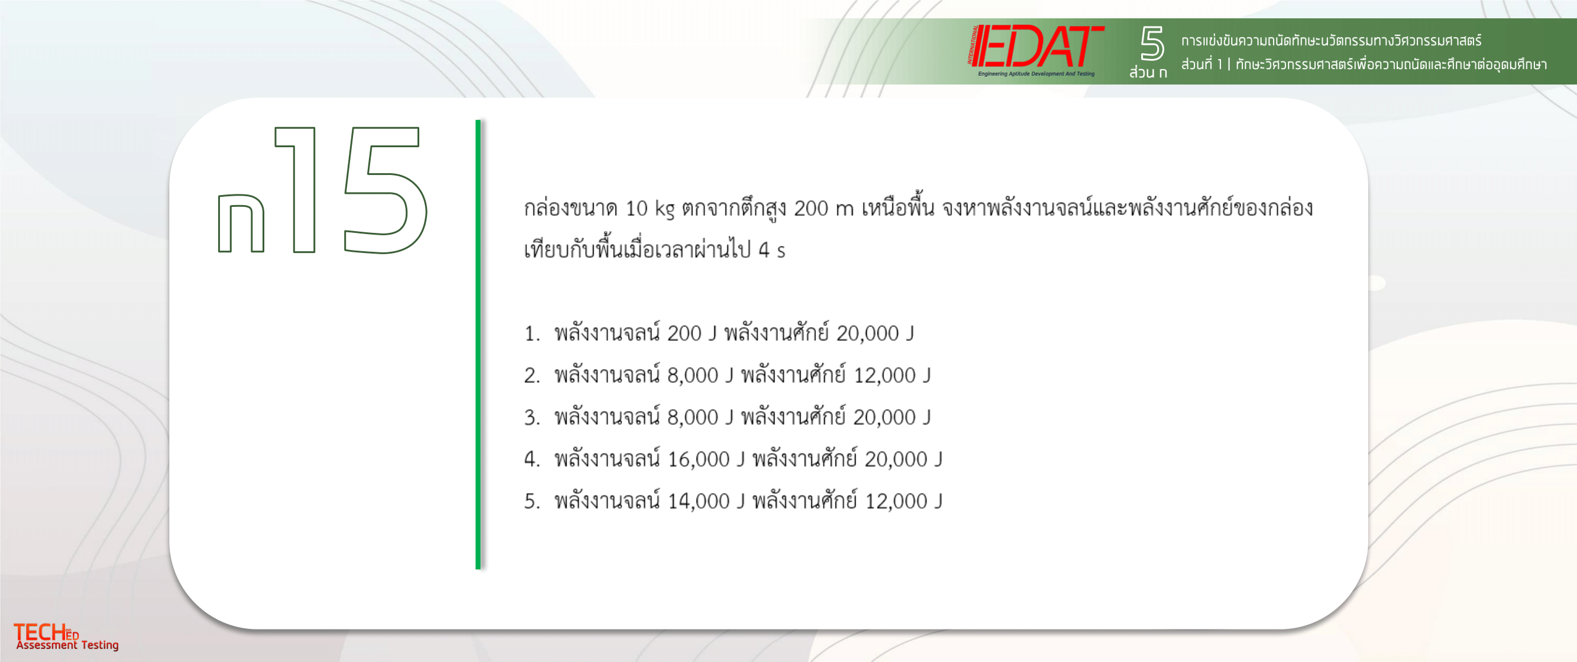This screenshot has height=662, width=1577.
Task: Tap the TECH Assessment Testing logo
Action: click(x=66, y=637)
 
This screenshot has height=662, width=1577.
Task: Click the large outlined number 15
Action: click(x=350, y=190)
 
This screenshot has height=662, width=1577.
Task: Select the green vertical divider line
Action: click(x=478, y=345)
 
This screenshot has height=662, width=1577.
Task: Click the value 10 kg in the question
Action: click(x=649, y=209)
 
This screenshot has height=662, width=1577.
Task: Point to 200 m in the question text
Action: click(x=824, y=209)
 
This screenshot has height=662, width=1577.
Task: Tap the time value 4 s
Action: click(x=772, y=250)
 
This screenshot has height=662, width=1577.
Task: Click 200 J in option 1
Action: click(x=692, y=334)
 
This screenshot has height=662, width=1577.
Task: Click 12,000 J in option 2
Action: click(x=892, y=376)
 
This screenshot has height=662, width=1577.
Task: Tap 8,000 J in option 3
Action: click(x=700, y=418)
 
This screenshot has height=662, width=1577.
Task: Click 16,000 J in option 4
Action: click(x=706, y=459)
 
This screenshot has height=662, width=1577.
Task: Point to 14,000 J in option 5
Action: click(x=706, y=502)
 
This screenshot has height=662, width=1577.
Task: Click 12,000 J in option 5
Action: click(x=904, y=502)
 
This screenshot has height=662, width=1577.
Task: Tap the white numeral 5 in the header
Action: click(x=1151, y=43)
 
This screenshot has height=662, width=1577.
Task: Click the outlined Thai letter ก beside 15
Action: click(x=241, y=223)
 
